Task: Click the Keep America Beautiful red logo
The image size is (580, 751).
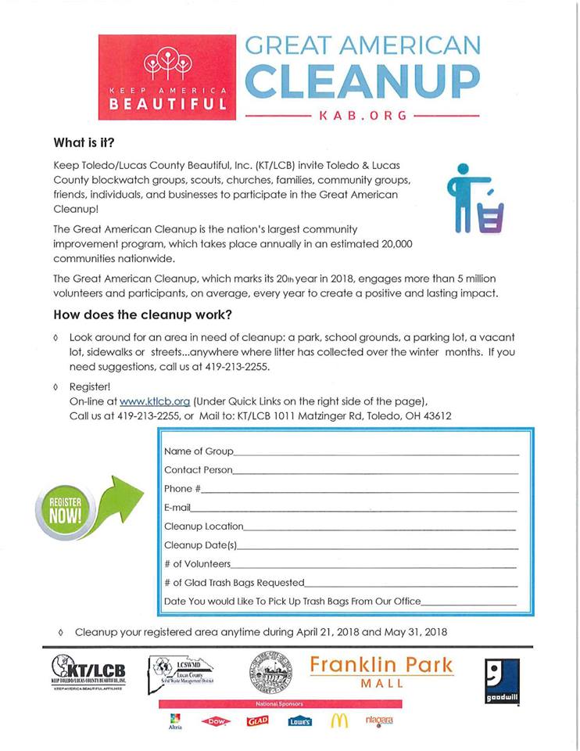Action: [166, 77]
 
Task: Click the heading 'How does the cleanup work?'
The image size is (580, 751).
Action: [142, 315]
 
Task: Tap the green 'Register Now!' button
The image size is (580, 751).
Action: [64, 510]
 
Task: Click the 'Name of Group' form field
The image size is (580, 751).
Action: [375, 453]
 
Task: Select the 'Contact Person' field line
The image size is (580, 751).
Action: [375, 472]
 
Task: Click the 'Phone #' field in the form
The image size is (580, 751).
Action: [360, 490]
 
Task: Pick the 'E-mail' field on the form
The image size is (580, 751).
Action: [356, 509]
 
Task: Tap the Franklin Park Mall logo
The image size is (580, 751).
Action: [381, 671]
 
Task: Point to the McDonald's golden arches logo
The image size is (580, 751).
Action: [338, 720]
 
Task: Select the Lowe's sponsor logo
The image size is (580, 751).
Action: [299, 721]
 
